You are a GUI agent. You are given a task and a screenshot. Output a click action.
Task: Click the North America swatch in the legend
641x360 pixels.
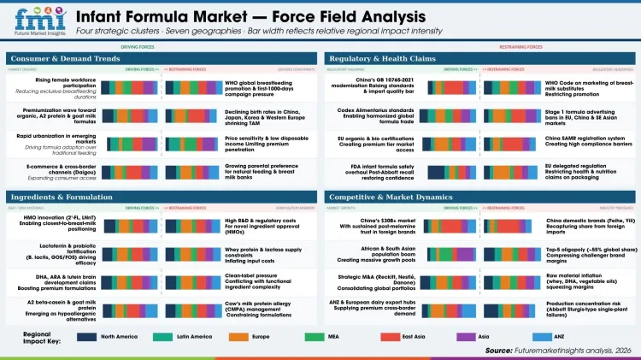pos(88,336)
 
